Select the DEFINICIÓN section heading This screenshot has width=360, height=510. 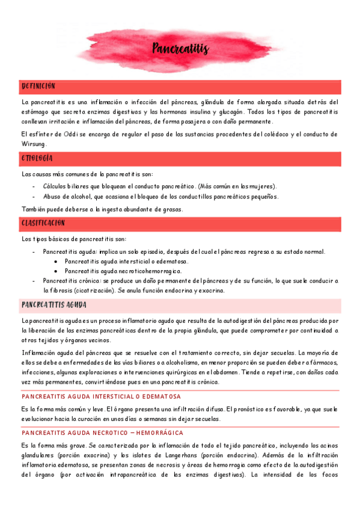[x=38, y=87]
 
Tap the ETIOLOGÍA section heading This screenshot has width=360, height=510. [x=37, y=158]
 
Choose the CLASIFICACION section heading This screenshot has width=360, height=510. [x=43, y=223]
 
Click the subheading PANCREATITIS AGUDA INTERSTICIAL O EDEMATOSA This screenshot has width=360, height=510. [x=101, y=396]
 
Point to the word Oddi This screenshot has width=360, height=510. [x=64, y=134]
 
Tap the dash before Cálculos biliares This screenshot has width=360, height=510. [x=33, y=186]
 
